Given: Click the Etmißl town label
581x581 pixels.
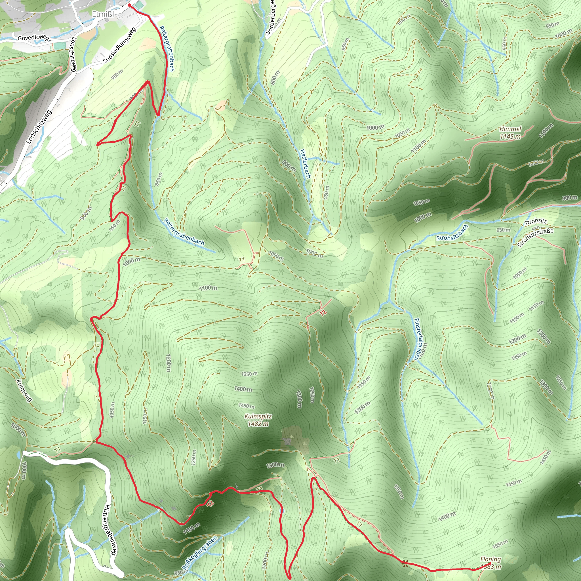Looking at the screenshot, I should (103, 14).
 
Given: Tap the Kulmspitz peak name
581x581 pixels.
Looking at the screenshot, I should (258, 416).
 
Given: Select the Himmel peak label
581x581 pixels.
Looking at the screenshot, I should (510, 129).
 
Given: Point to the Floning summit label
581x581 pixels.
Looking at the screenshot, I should (491, 559).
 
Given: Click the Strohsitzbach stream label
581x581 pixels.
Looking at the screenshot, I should (452, 233).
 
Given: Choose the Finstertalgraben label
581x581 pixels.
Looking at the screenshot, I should (420, 339).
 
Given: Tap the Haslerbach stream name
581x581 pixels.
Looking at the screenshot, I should (305, 164).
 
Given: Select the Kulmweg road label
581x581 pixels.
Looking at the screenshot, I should (24, 390).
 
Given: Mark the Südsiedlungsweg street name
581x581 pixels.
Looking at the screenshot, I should (120, 45).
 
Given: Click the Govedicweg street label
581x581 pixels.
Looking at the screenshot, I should (33, 38).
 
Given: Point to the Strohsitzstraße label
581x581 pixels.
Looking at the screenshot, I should (535, 237).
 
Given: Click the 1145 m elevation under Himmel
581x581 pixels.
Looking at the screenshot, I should (510, 136).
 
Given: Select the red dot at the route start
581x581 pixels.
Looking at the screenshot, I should (130, 5).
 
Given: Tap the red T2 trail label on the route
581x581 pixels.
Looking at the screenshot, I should (210, 504).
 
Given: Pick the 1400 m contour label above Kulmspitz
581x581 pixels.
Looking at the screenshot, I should (243, 389).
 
